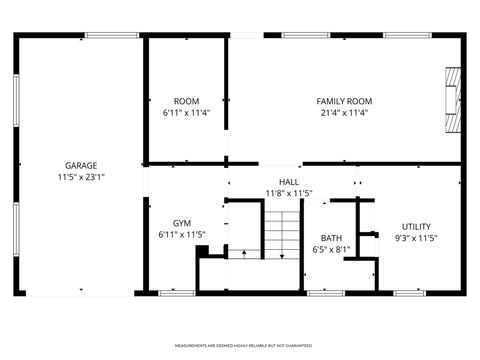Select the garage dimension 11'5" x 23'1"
coord(80,176)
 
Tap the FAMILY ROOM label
coord(344,101)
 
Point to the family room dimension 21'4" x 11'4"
coord(344,113)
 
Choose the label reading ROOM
coord(186,101)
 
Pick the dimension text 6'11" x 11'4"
coord(186,113)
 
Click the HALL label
coord(288,181)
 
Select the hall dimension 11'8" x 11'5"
coord(288,193)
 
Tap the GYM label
coord(181,223)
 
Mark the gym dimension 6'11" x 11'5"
coord(181,235)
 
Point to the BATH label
coord(331,238)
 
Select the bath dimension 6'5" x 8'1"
coord(331,250)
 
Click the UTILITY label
coord(416,227)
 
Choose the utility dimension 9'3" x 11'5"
coord(416,239)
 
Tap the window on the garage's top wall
coord(111,36)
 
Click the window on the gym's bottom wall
coord(176,292)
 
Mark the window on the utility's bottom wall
coord(409,292)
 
